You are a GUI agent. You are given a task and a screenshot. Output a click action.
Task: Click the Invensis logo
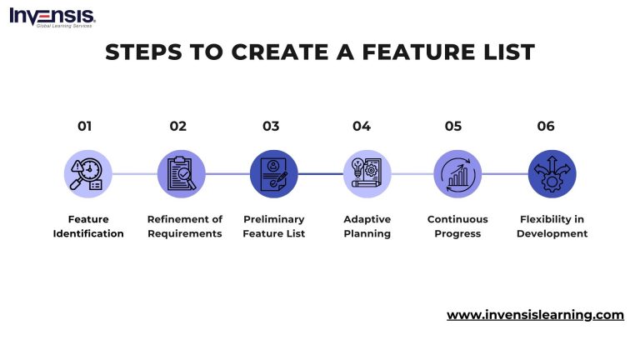pos(52,17)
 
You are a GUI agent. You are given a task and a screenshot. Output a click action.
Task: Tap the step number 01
pos(84,127)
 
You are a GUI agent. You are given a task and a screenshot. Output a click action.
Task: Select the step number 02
pos(177,127)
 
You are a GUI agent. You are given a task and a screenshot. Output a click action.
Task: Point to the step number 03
pos(271,127)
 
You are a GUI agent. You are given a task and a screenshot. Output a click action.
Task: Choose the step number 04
pos(362,127)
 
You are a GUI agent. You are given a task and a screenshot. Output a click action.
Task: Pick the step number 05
pos(453,127)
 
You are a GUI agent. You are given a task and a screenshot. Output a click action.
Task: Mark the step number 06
pos(546,127)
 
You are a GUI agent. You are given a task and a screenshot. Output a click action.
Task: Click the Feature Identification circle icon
pos(88,174)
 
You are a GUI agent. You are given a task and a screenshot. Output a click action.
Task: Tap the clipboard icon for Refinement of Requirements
pos(181,174)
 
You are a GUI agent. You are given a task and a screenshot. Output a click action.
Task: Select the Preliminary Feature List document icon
pos(273,174)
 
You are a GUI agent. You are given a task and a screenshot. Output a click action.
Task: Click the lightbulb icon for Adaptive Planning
pos(367,174)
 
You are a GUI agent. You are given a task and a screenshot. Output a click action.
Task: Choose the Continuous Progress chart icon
pos(457,174)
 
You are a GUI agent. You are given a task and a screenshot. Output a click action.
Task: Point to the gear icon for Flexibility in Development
pos(552,174)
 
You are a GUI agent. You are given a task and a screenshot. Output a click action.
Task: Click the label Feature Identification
pos(88,227)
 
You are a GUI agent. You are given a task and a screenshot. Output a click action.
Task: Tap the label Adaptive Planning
pos(367,227)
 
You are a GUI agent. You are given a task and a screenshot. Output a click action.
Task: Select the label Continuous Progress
pos(457,227)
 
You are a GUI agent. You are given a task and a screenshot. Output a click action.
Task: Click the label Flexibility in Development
pos(552,227)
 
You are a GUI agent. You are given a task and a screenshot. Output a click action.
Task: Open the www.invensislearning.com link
pos(535,315)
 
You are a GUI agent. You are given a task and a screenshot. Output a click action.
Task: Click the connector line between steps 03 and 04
pos(320,174)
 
